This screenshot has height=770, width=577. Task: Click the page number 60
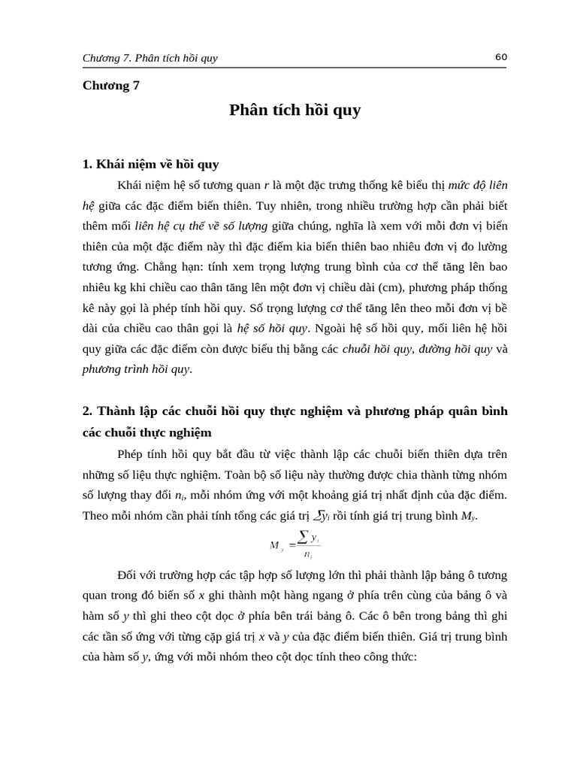[502, 57]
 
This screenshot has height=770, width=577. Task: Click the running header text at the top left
[150, 58]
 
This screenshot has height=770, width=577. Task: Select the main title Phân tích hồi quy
[295, 110]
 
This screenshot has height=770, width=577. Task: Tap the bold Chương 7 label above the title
[111, 85]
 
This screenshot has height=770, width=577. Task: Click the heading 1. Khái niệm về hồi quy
[150, 164]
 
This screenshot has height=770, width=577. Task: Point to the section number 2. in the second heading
[87, 411]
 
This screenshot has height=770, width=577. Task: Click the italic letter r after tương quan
[267, 184]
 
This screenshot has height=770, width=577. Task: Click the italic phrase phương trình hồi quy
[136, 369]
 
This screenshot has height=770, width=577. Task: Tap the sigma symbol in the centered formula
[303, 535]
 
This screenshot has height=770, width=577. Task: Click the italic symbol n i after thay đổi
[180, 496]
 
